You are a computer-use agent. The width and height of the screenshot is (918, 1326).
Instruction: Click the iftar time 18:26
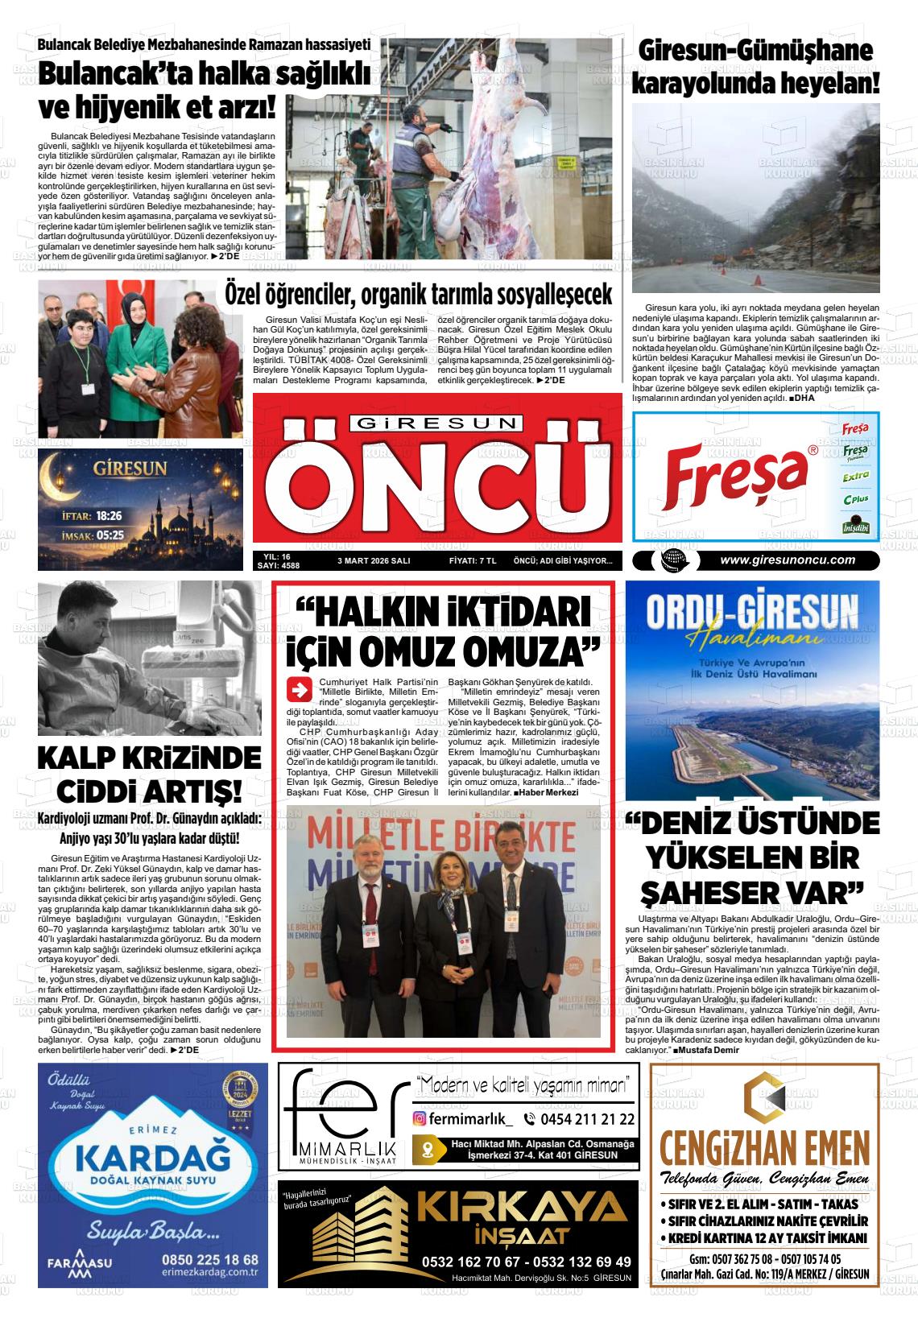(x=108, y=516)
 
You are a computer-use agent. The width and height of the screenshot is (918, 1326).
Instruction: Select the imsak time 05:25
(x=110, y=535)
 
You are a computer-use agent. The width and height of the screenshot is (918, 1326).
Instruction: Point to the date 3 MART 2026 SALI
(x=373, y=561)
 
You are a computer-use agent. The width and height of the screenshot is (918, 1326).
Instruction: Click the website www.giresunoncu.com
(x=788, y=560)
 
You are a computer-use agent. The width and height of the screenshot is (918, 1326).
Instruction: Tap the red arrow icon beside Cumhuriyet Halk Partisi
(x=299, y=689)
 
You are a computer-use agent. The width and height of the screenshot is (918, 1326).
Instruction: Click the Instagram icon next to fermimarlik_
(x=420, y=1118)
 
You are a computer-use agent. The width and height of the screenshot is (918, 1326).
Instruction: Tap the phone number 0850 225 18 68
(x=211, y=1259)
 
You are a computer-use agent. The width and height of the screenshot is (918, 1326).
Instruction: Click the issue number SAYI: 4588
(x=276, y=566)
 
